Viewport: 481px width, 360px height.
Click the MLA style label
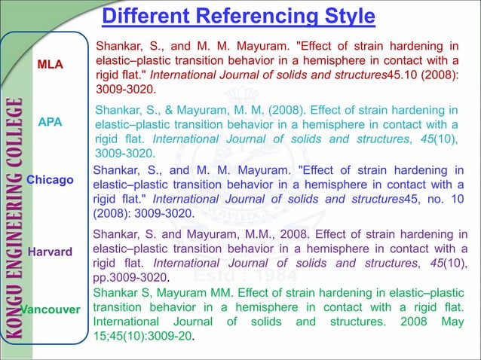(x=51, y=65)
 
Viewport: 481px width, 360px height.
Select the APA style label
(x=51, y=121)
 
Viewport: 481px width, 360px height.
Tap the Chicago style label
(x=50, y=180)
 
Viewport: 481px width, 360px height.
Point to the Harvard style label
(x=50, y=251)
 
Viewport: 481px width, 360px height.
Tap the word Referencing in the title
(x=249, y=16)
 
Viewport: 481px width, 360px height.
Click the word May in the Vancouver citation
(x=447, y=322)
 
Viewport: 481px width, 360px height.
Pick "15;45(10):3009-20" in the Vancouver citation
(x=143, y=337)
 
